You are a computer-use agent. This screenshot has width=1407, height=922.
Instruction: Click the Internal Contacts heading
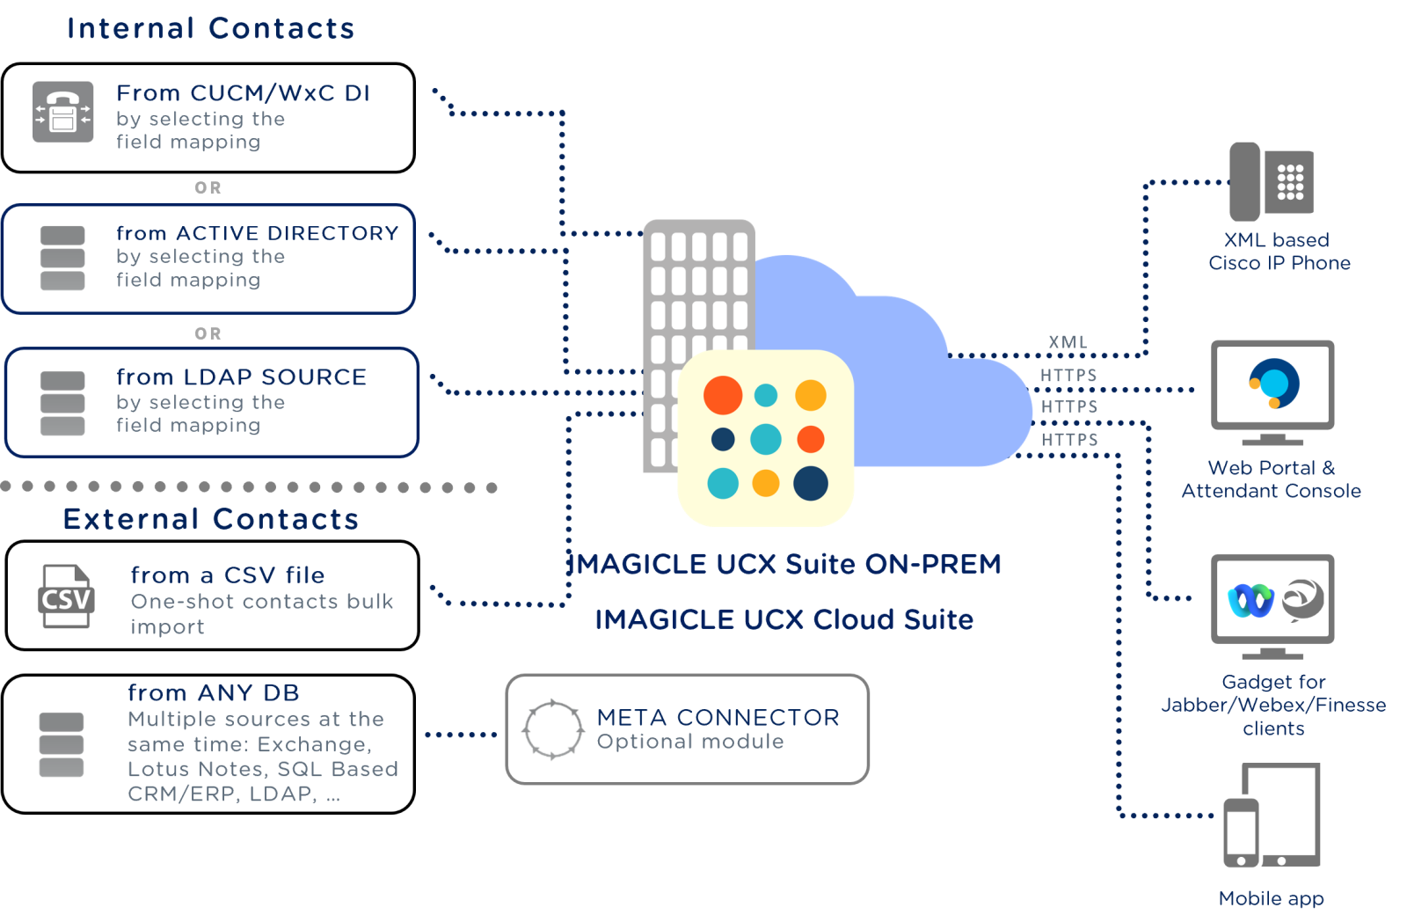tap(210, 28)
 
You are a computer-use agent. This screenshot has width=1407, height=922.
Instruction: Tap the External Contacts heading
tap(211, 519)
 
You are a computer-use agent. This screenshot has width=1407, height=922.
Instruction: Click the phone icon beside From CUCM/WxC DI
tap(62, 112)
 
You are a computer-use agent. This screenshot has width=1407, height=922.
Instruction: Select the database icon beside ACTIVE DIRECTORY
tap(62, 258)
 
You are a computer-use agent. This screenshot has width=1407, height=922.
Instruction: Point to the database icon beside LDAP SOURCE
tap(62, 403)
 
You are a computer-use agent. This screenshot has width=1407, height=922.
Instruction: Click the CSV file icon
tap(66, 596)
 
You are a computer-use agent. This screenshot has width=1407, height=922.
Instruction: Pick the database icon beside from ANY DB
tap(62, 744)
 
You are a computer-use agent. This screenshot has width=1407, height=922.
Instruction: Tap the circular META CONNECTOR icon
tap(553, 728)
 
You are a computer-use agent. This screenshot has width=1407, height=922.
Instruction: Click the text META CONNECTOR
tap(718, 717)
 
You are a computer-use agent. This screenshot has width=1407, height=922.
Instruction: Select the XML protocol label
tap(1068, 342)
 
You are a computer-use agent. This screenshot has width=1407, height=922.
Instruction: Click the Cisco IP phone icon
tap(1271, 181)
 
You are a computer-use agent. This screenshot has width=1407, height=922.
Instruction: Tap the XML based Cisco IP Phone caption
tap(1279, 252)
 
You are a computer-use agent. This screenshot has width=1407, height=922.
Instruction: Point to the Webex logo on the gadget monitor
tap(1250, 601)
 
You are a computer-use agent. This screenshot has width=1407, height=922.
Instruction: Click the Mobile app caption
tap(1271, 898)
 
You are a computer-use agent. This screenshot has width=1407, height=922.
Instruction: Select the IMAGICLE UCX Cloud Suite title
tap(784, 619)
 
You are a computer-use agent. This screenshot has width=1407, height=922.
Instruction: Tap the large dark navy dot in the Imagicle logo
tap(810, 483)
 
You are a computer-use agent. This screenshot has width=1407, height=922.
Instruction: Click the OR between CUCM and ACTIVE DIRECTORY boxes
tap(208, 188)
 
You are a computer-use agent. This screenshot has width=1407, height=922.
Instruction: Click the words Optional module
tap(690, 742)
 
